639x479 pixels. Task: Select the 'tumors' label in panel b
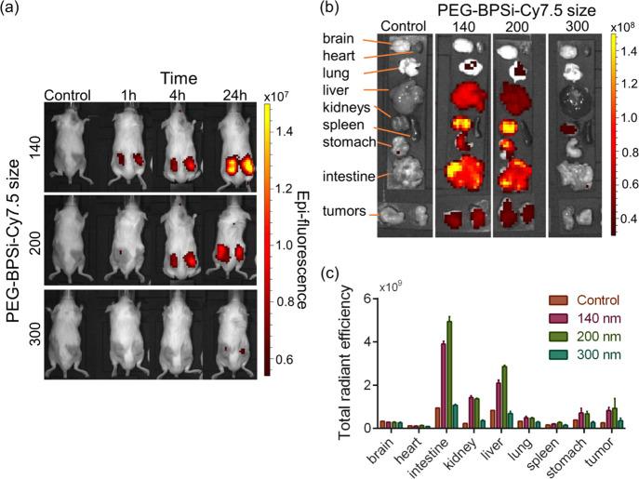[342, 215]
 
